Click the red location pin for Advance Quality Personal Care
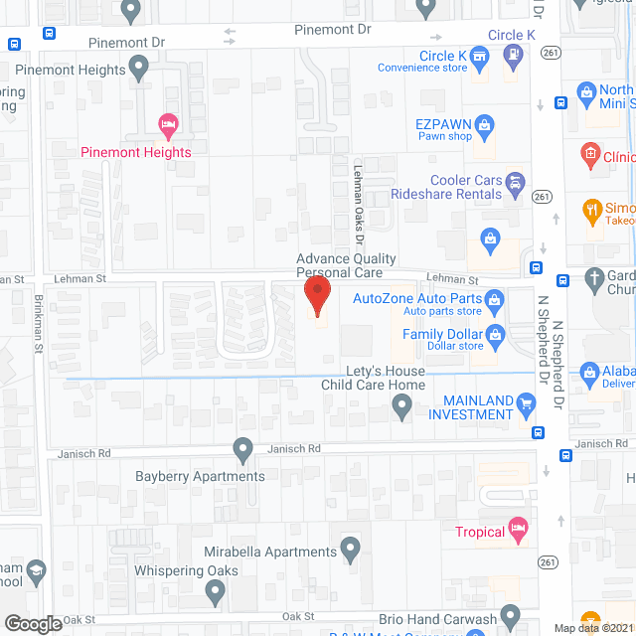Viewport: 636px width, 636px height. tap(317, 294)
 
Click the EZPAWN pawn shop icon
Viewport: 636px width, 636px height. tap(485, 125)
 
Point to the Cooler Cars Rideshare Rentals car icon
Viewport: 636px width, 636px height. tap(515, 182)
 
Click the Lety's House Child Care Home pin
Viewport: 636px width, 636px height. tap(401, 404)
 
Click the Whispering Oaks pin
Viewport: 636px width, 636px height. tap(216, 592)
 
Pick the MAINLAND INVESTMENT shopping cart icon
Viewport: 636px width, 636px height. tap(528, 401)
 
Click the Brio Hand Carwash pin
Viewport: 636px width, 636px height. tap(510, 615)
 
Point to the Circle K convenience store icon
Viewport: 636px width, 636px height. tap(479, 58)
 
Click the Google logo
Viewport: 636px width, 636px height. tap(33, 624)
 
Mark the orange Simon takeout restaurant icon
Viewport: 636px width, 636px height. tap(590, 211)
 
